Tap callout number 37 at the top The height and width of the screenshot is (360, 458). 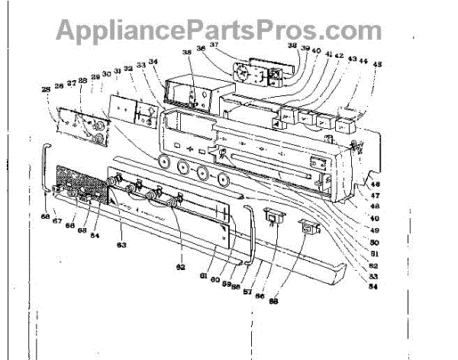coord(215,45)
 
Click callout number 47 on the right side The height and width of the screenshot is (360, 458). coord(376,196)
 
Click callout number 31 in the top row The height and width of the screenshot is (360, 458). coord(117,72)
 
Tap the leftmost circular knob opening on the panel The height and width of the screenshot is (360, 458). coord(162,162)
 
